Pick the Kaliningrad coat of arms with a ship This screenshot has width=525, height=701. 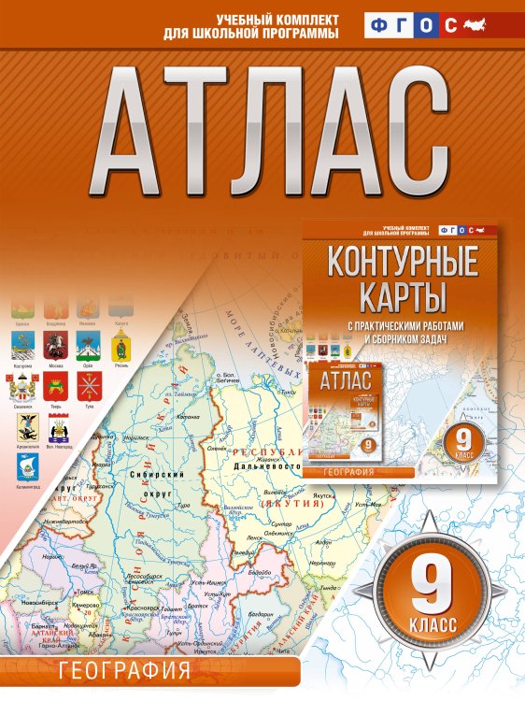[x=28, y=465]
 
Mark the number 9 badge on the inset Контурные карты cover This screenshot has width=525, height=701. [x=463, y=436]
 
